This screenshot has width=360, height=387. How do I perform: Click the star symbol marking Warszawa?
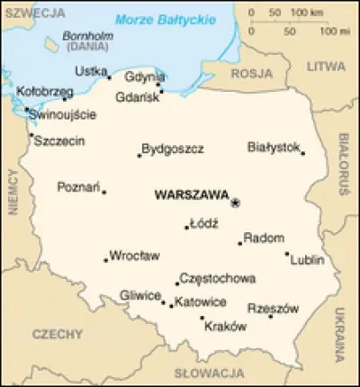click(236, 203)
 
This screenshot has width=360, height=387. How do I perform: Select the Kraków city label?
click(225, 326)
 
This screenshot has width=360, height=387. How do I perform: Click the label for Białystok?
click(274, 146)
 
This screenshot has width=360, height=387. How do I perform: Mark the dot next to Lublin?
click(287, 253)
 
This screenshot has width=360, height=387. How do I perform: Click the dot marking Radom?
click(240, 242)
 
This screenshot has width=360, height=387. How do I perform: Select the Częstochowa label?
click(218, 279)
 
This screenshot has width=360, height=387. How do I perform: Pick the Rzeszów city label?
click(272, 308)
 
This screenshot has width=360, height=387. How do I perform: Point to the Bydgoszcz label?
click(173, 148)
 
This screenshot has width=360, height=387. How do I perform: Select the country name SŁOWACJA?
click(203, 372)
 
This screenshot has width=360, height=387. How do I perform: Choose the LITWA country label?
click(325, 67)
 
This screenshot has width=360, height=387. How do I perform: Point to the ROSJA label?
click(251, 74)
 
